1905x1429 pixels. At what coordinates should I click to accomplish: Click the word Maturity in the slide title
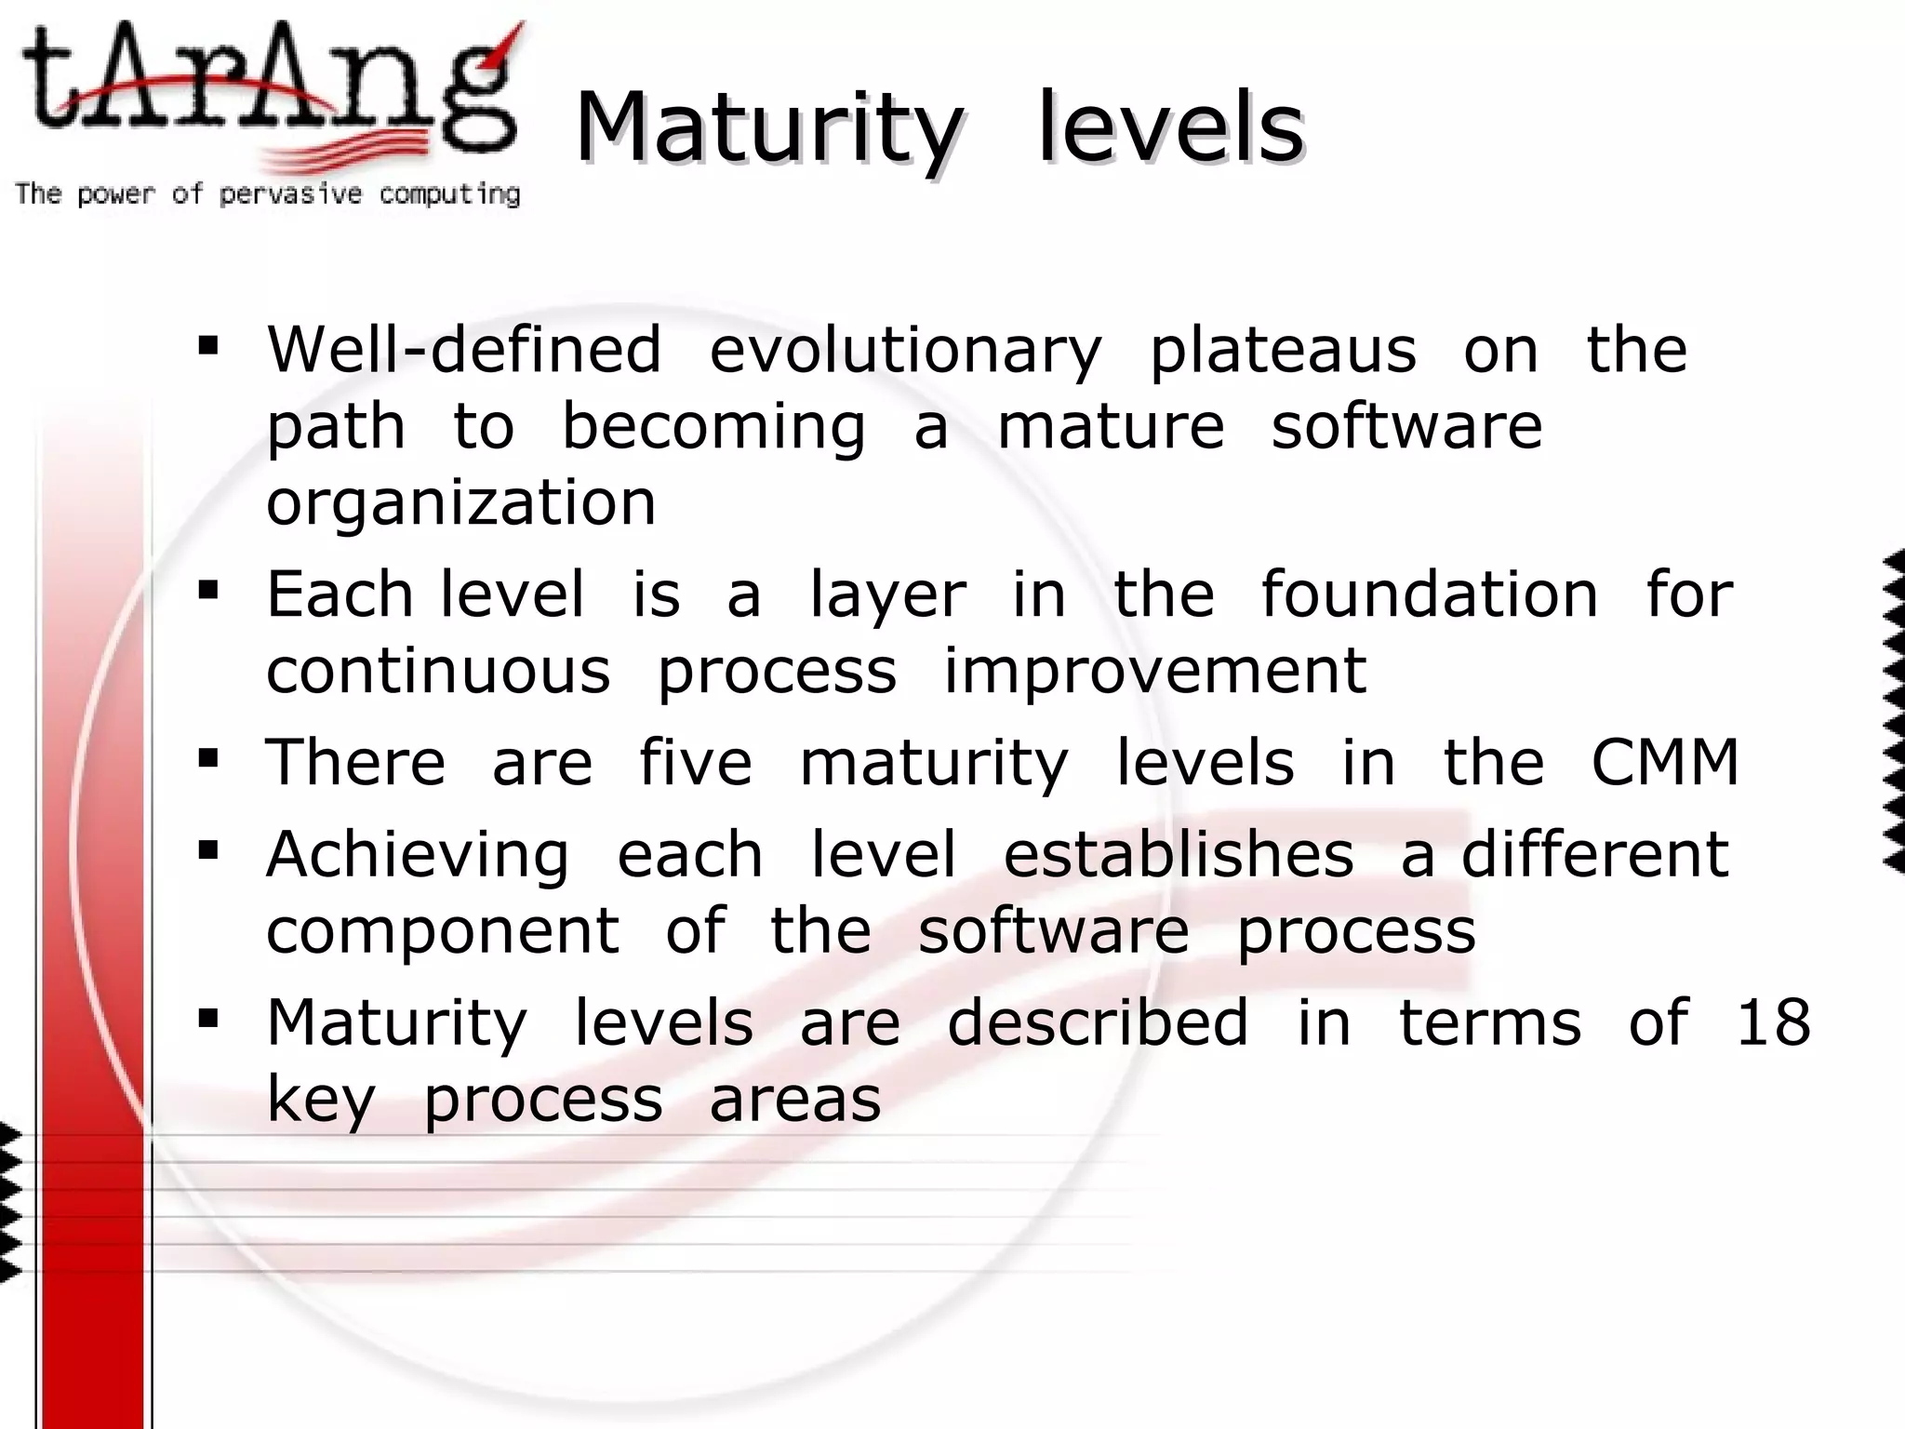[768, 128]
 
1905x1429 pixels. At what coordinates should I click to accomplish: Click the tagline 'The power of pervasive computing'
[268, 194]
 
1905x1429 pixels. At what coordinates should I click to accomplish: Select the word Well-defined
[464, 350]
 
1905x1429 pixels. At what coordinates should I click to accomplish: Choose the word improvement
[1155, 671]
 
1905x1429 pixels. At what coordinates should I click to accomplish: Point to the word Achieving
[418, 854]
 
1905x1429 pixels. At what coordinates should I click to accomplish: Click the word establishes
[1179, 854]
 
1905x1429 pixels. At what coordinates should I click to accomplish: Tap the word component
[443, 931]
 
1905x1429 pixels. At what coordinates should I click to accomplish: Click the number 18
[1773, 1022]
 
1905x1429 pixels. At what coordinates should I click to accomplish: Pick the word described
[1098, 1022]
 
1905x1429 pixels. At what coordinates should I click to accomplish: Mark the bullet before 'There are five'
[208, 758]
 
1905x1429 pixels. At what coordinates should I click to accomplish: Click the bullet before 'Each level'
[208, 590]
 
